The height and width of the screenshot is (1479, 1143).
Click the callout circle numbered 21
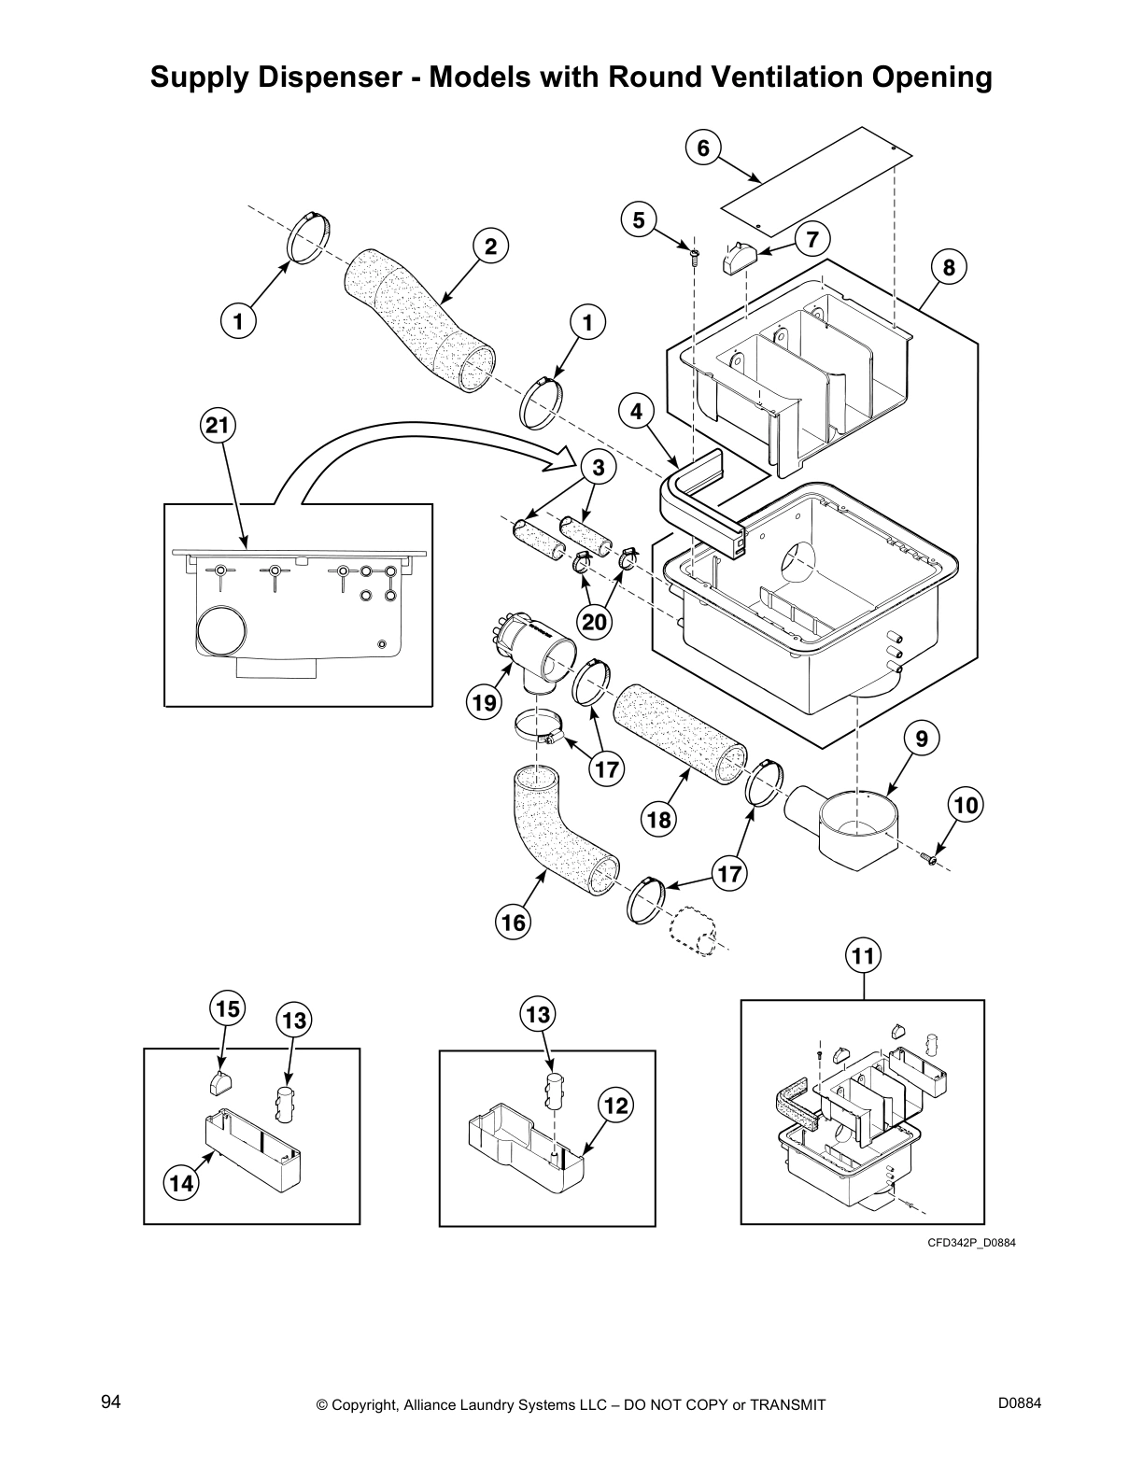tap(217, 427)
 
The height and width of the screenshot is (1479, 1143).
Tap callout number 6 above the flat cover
tap(703, 148)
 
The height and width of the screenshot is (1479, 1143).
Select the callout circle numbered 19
tap(484, 702)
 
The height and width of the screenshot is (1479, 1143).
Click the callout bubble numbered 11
tap(864, 956)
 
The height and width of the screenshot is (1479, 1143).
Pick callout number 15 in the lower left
tap(227, 1009)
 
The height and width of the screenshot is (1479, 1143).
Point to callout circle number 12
tap(616, 1106)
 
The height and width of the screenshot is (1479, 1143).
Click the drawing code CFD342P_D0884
tap(970, 1243)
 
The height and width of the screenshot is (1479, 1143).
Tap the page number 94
tap(111, 1402)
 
